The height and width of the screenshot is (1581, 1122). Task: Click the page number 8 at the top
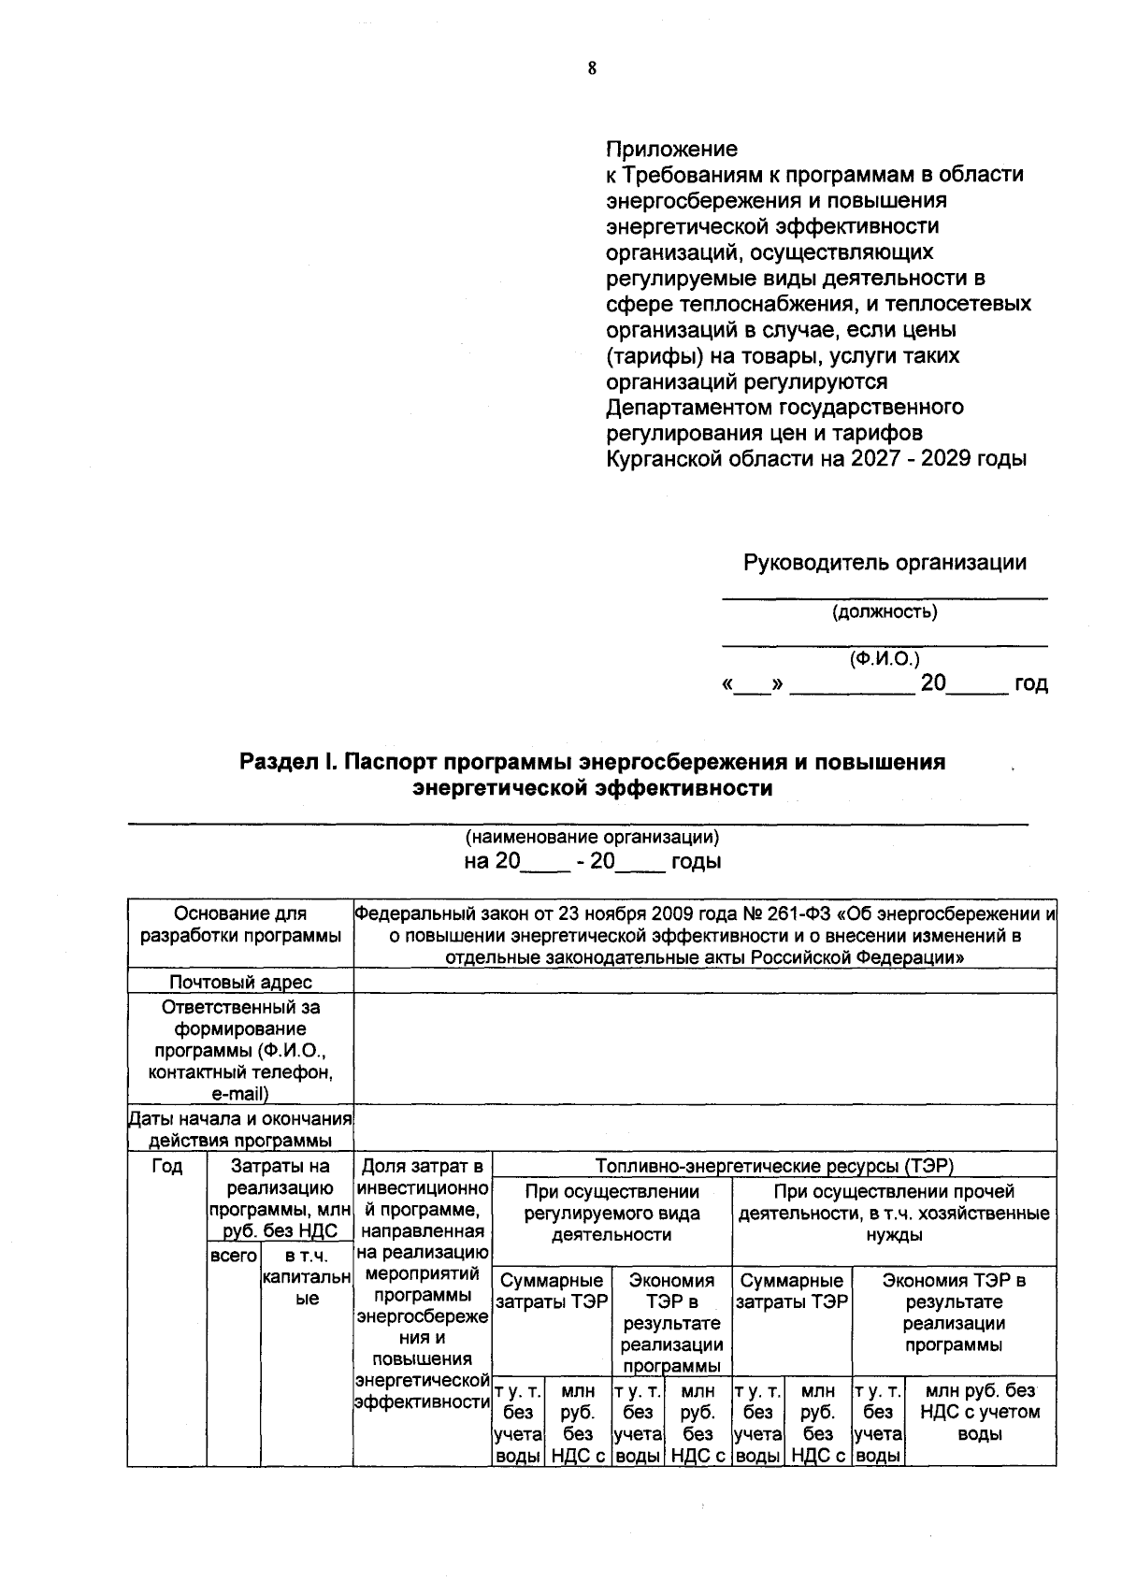click(x=591, y=68)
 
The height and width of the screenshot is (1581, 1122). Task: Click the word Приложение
click(x=671, y=149)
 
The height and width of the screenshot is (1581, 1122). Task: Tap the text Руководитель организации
click(x=884, y=563)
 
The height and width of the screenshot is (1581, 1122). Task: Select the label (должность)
click(x=884, y=612)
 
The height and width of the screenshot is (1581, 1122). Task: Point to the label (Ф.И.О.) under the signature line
click(x=884, y=659)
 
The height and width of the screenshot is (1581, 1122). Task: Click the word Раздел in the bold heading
click(x=278, y=762)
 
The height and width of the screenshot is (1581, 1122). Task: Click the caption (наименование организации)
click(x=592, y=837)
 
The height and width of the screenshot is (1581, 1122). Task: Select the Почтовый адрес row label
click(x=240, y=981)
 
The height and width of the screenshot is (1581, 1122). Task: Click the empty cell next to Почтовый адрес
click(x=705, y=981)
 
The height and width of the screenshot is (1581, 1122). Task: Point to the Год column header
click(x=166, y=1166)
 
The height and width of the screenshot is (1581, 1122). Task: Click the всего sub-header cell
click(x=233, y=1256)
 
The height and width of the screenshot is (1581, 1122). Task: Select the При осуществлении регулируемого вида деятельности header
click(x=611, y=1213)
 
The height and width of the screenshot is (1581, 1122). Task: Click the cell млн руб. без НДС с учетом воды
click(x=980, y=1413)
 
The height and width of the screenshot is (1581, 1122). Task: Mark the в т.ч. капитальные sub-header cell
click(x=307, y=1277)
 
